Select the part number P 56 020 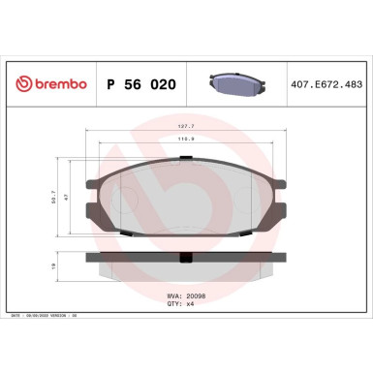(x=140, y=84)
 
